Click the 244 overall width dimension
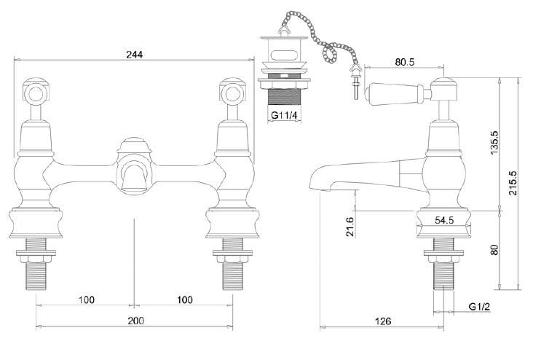[x=133, y=55]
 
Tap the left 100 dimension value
[x=86, y=300]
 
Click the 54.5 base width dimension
[x=443, y=219]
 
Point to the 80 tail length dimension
[x=495, y=249]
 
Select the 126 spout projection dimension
[x=384, y=321]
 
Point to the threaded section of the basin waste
[x=285, y=96]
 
